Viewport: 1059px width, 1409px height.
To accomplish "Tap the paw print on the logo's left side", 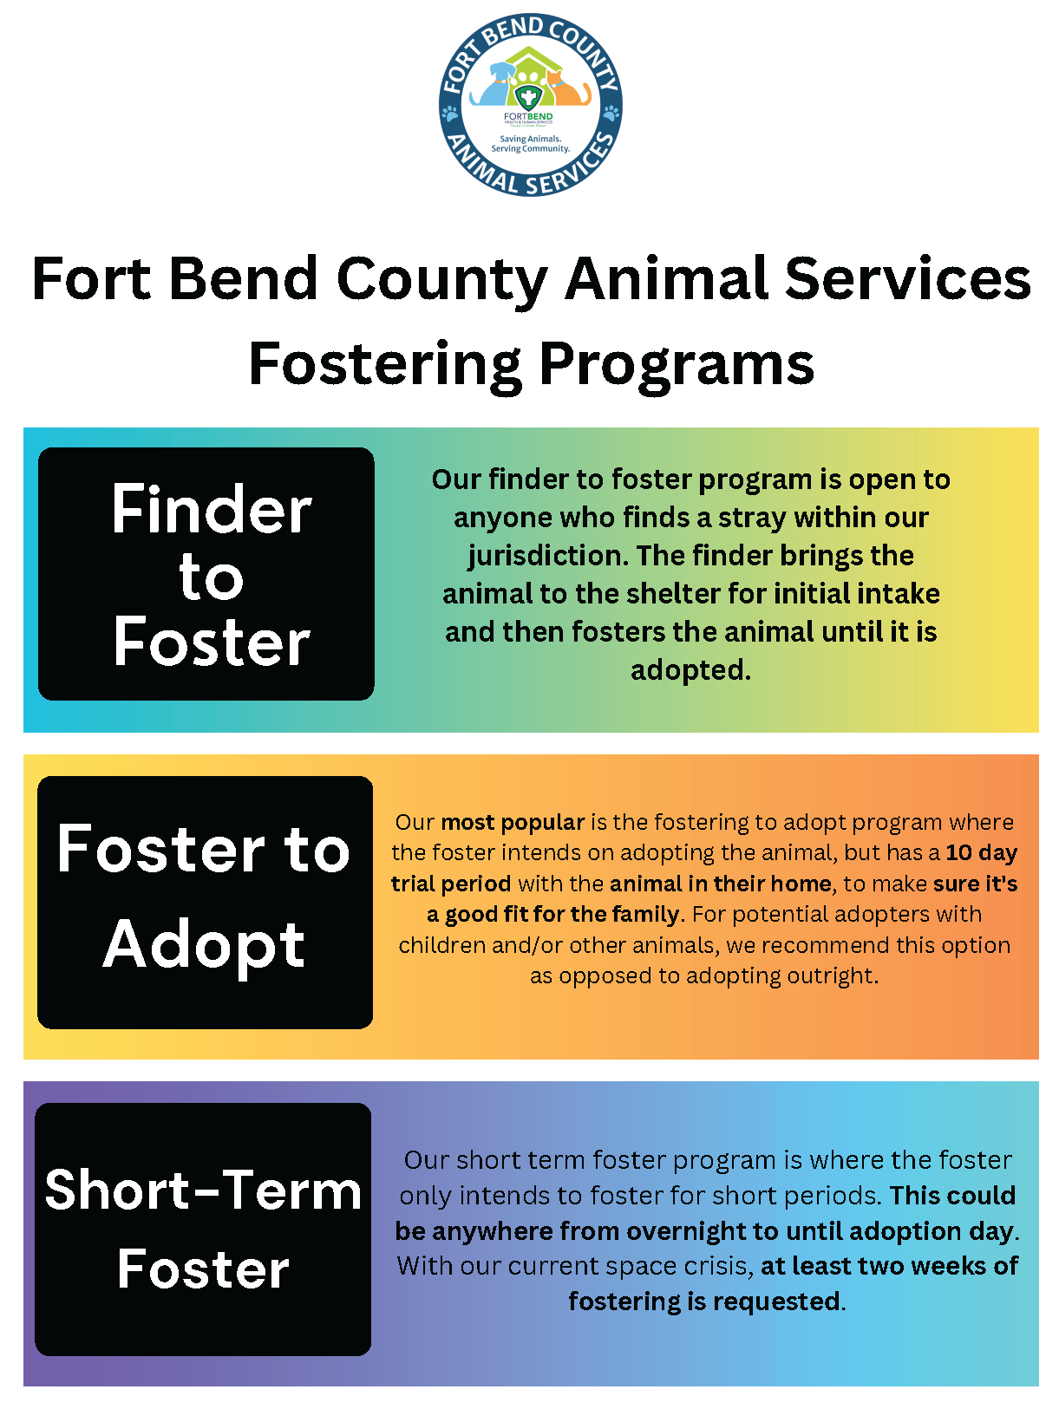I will [450, 113].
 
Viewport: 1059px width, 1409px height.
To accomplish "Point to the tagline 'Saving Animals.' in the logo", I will [530, 139].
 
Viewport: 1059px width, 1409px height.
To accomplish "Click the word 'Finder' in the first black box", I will [211, 510].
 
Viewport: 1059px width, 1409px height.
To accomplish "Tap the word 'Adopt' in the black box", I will [204, 944].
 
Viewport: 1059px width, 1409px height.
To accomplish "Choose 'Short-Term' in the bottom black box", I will [203, 1190].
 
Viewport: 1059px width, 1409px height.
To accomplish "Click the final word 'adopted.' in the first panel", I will [690, 670].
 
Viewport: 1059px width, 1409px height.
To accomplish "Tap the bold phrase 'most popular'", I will [513, 822].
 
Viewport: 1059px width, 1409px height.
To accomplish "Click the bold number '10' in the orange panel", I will [958, 853].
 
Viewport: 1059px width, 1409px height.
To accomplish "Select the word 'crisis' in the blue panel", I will [716, 1267].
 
